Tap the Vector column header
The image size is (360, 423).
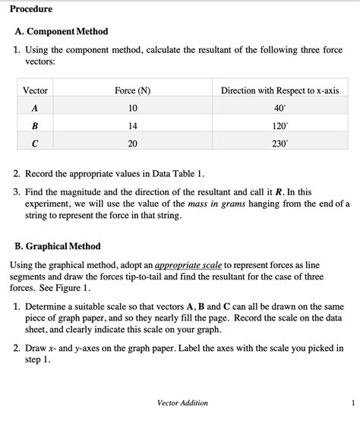[x=36, y=90]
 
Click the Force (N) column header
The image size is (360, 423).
[x=132, y=90]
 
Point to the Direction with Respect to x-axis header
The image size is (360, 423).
[x=279, y=90]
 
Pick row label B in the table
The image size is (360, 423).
[x=35, y=125]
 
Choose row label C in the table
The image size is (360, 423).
[x=35, y=143]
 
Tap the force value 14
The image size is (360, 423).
[x=132, y=125]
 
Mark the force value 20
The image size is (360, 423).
[x=132, y=143]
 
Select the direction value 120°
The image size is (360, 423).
[x=279, y=125]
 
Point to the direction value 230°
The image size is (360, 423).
[x=279, y=143]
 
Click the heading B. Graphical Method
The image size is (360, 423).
[x=58, y=246]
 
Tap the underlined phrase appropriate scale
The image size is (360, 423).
[x=188, y=265]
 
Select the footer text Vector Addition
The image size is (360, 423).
[x=182, y=402]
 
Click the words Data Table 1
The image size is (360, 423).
[x=178, y=173]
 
